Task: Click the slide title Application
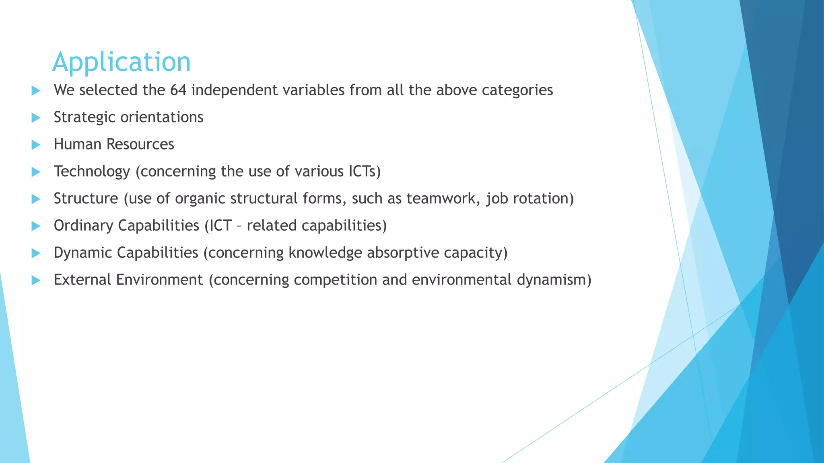pos(122,62)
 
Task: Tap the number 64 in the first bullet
pos(178,90)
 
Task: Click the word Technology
pos(92,172)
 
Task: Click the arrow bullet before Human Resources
pos(36,145)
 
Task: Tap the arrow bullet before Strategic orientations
pos(36,118)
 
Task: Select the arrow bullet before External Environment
pos(36,280)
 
